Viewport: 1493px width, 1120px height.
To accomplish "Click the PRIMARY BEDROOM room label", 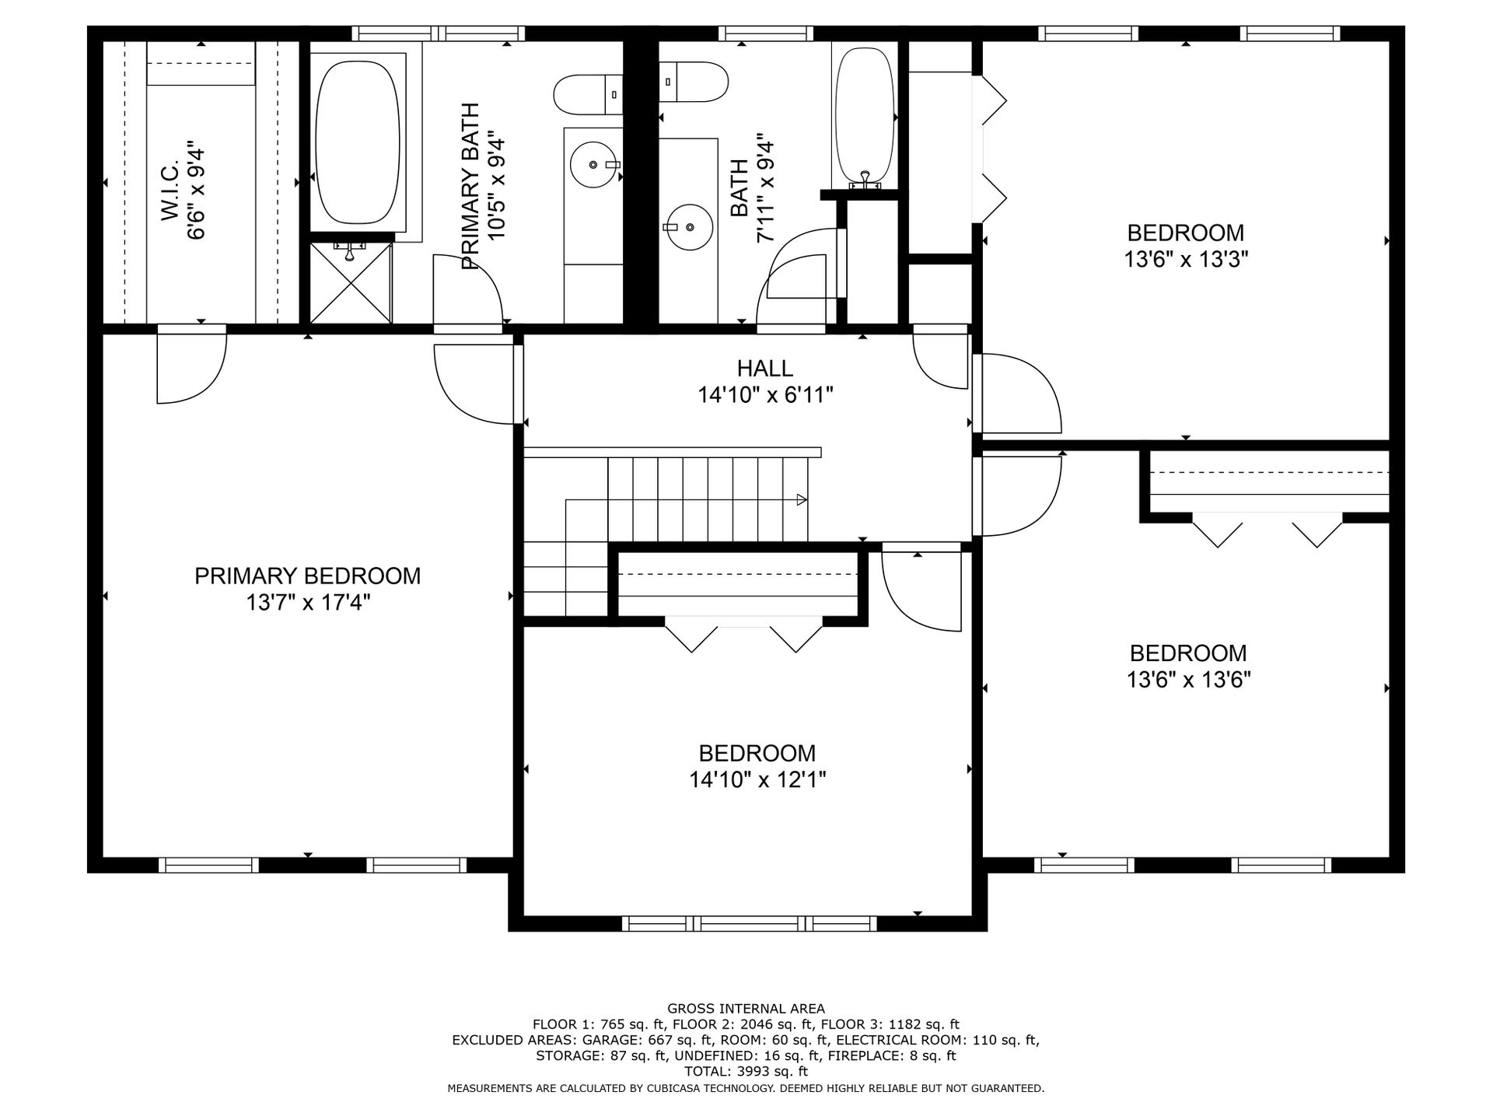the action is tap(307, 576).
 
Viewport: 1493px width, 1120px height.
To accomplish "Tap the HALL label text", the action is tap(765, 369).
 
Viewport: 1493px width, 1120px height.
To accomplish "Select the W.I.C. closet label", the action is tap(171, 191).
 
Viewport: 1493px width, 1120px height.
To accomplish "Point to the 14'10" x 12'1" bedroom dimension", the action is tap(757, 779).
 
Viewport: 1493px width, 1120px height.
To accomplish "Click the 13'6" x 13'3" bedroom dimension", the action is tap(1186, 259).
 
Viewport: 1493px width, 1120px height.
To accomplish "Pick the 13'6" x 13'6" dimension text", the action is tap(1188, 681).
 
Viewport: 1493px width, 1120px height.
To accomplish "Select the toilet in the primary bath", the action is tap(588, 94).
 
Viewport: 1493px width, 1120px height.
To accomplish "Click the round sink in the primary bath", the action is tap(596, 165).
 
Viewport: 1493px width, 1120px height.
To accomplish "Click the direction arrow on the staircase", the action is tap(801, 500).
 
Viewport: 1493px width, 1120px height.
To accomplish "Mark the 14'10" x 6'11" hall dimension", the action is tap(765, 395).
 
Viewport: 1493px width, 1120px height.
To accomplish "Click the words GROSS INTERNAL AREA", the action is tap(746, 1008).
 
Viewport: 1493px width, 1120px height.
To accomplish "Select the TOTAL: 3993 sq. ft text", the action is tap(746, 1072).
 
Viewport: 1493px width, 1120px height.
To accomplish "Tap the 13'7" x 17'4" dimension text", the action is tap(307, 603).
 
